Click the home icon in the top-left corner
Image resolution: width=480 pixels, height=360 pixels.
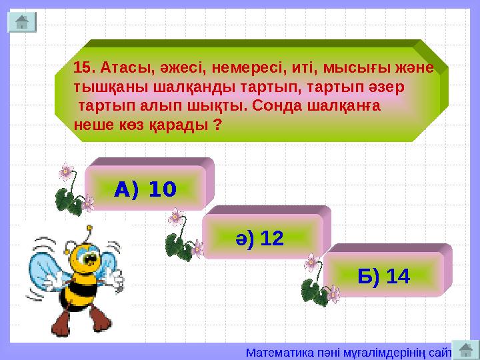pyautogui.click(x=21, y=22)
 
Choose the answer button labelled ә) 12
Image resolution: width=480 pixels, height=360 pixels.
pyautogui.click(x=263, y=237)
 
